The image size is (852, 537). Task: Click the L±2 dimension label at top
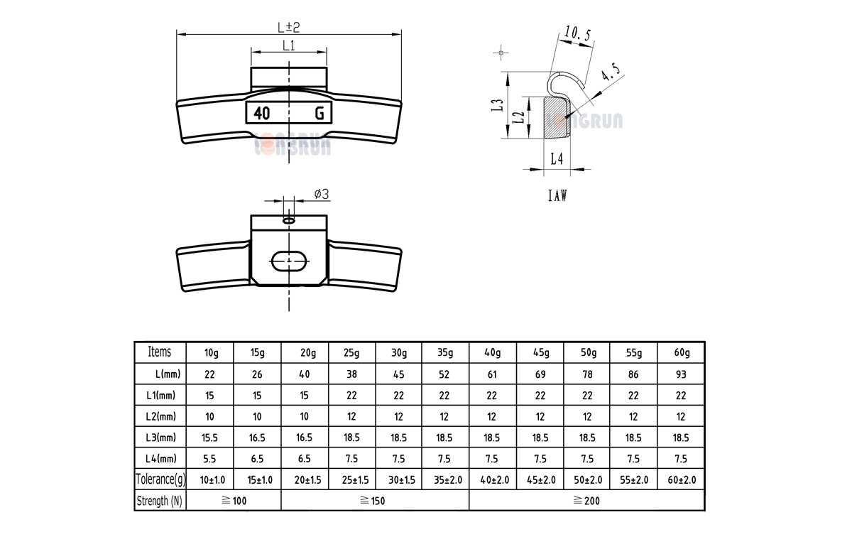coord(288,27)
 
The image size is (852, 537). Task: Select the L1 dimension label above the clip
coord(289,45)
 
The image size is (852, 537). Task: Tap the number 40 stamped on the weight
coord(261,113)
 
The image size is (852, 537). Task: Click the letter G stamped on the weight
coord(319,113)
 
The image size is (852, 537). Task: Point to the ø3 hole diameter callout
coord(321,194)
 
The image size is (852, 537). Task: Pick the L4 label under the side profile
coord(557,160)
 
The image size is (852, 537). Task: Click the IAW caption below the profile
coord(557,195)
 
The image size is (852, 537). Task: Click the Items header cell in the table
coord(160,352)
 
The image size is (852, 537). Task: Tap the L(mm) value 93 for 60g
coord(680,374)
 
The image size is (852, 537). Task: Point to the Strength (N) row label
coord(160,501)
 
